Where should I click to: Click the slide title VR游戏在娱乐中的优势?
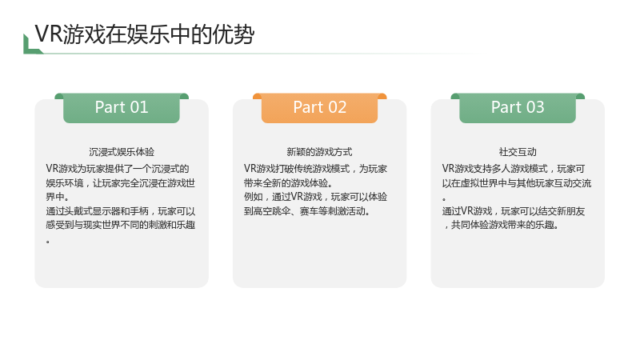[145, 34]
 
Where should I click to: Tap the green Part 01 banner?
[122, 108]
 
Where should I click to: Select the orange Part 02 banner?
[319, 108]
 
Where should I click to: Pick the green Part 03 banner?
[518, 108]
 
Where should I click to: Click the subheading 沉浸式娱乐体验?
[122, 152]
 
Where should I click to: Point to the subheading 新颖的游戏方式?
[319, 152]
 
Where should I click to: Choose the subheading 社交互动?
[518, 152]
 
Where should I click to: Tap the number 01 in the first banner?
[138, 107]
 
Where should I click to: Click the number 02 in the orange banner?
[337, 107]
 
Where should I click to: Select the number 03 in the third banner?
[535, 107]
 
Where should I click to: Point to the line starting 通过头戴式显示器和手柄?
[121, 211]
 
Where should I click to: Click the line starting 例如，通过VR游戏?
[315, 197]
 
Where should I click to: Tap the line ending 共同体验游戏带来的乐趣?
[502, 225]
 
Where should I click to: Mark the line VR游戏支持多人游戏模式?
[514, 169]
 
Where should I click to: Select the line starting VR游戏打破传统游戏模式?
[315, 169]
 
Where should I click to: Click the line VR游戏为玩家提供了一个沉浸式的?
[118, 169]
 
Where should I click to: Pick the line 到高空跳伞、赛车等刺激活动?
[307, 211]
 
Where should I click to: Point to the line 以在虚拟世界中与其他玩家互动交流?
[517, 183]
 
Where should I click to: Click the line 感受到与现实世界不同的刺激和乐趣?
[121, 225]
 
